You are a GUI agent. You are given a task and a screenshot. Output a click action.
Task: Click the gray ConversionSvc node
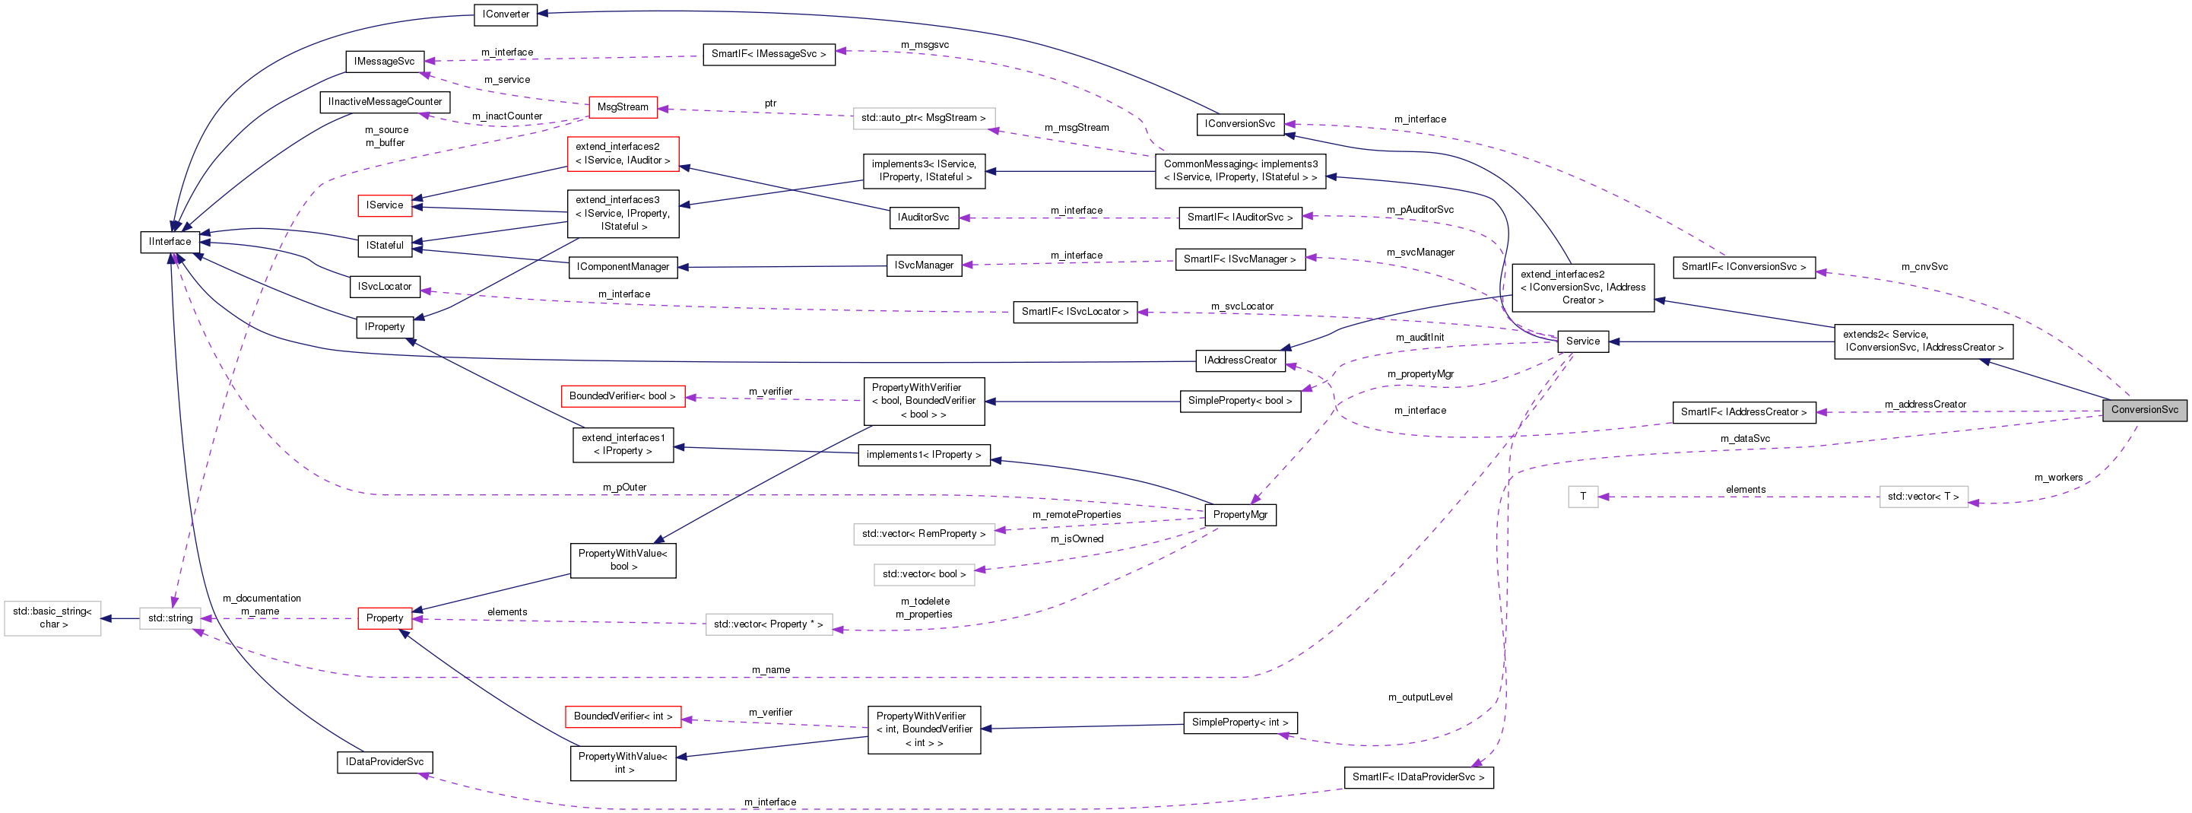click(2143, 409)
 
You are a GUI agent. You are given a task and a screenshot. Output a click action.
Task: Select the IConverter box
click(506, 14)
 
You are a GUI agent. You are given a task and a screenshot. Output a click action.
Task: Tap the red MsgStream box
click(622, 107)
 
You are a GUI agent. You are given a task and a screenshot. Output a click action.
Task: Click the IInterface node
click(170, 242)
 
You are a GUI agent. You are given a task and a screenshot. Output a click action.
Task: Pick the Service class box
click(1582, 341)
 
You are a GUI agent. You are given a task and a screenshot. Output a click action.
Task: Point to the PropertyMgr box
click(1240, 515)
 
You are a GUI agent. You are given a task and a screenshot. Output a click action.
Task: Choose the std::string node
click(170, 618)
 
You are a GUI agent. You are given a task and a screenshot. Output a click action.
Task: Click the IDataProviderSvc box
click(384, 762)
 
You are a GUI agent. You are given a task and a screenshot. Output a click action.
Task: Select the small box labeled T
click(1583, 497)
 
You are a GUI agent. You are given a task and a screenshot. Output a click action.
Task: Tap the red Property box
click(384, 618)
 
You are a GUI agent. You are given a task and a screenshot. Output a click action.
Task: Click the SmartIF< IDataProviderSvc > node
click(1418, 777)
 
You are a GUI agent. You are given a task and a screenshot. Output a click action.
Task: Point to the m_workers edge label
click(2057, 478)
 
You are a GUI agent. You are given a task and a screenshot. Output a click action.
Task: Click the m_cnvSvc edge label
click(1924, 266)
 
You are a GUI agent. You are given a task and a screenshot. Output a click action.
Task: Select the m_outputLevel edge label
click(1420, 697)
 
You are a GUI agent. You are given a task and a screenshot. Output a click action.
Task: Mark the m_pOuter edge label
click(624, 487)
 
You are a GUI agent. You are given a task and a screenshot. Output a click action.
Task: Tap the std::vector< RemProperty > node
click(923, 534)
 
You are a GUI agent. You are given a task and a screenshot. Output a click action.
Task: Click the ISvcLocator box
click(384, 287)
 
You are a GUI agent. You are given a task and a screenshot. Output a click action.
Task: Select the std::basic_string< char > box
click(52, 618)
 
